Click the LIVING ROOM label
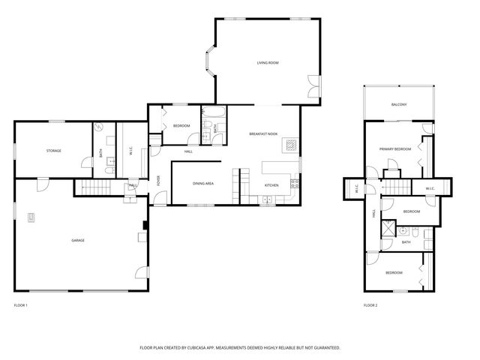[268, 62]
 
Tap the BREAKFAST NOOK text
[263, 133]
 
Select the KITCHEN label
[271, 185]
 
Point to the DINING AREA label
[204, 183]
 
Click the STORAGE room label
[53, 151]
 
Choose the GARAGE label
[78, 240]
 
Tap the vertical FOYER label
[158, 181]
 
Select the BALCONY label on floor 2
[399, 104]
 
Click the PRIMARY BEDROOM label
[394, 149]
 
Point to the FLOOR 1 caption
[21, 305]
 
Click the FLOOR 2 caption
[370, 305]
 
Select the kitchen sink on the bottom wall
[266, 199]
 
